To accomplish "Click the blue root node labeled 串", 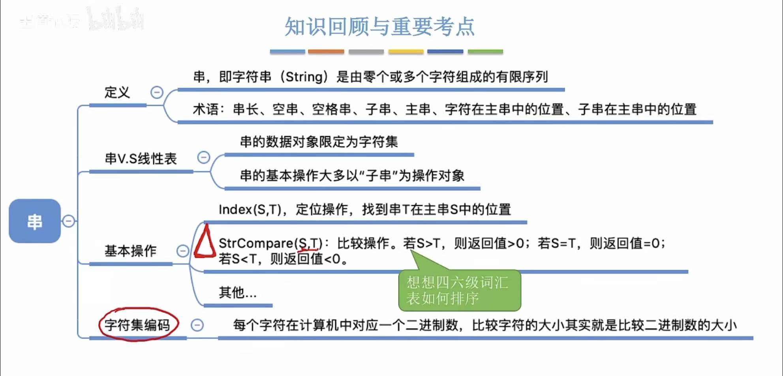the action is click(x=35, y=221).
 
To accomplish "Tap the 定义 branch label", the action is click(x=117, y=93).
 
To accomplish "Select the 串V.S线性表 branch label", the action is click(x=141, y=159).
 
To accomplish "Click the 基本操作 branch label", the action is click(x=130, y=251).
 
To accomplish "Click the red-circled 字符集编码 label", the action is click(x=137, y=325).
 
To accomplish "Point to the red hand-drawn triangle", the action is click(x=205, y=243).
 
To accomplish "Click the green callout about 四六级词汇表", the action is click(x=459, y=290).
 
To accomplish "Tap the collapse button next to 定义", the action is click(x=157, y=92).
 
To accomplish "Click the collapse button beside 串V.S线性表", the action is click(x=203, y=158).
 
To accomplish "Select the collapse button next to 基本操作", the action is click(x=182, y=251).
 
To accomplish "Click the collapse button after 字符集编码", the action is click(x=197, y=325).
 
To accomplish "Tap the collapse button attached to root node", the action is click(x=68, y=221).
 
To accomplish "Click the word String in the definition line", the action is click(x=304, y=77).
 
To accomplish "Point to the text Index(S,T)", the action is click(x=250, y=209).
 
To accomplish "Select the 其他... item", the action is click(x=237, y=293).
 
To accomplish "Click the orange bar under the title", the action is click(x=326, y=52).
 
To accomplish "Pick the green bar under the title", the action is click(x=485, y=52).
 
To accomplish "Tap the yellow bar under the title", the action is click(x=406, y=52).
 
